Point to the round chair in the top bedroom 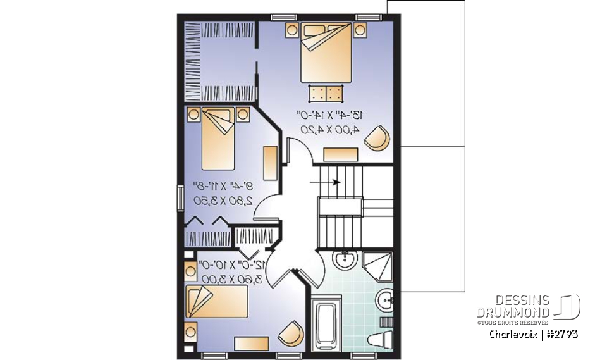[x=378, y=138]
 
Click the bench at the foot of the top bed [x=326, y=94]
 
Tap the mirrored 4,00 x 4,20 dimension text [x=329, y=129]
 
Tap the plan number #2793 [x=561, y=334]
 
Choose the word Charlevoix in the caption [x=513, y=334]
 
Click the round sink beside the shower [x=345, y=259]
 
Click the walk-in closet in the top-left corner [x=219, y=60]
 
